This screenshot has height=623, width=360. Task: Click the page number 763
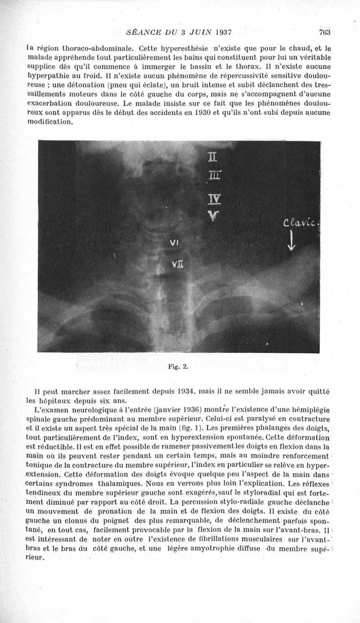coord(324,32)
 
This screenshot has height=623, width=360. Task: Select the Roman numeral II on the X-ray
coord(212,158)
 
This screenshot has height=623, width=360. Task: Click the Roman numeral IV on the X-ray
coord(212,199)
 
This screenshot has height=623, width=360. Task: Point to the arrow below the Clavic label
coord(292,240)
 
